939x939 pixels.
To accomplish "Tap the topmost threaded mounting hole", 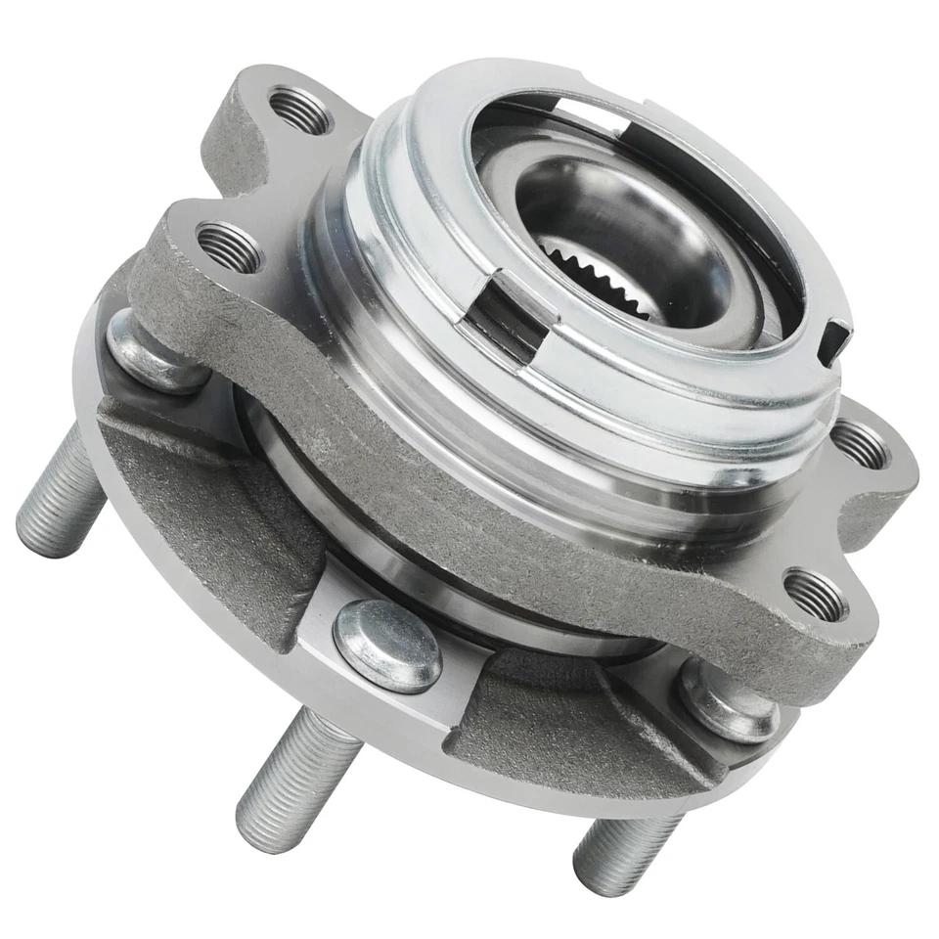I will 299,110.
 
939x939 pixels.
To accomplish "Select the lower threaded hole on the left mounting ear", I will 229,247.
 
